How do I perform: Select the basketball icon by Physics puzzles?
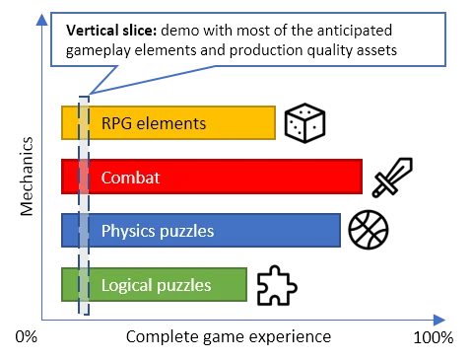pos(370,231)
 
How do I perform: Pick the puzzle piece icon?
pos(274,286)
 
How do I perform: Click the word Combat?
pos(130,178)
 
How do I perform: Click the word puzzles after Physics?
pos(186,232)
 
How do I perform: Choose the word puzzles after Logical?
pos(183,286)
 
